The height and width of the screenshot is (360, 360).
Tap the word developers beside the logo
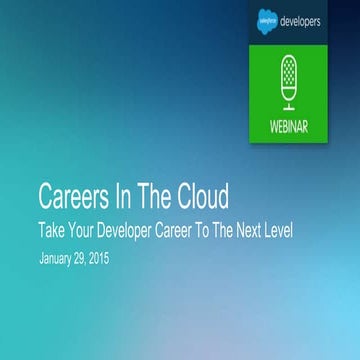point(312,21)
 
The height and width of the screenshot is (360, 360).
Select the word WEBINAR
point(290,128)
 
